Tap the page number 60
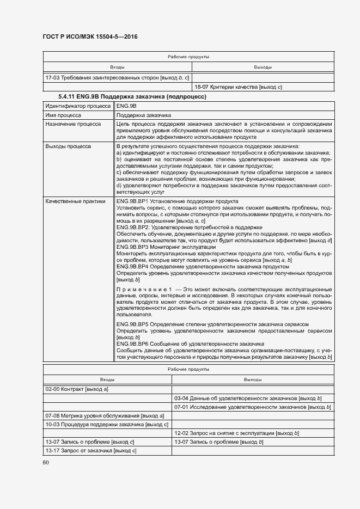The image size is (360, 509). click(46, 462)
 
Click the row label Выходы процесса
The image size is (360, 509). click(68, 146)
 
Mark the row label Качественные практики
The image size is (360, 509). click(75, 201)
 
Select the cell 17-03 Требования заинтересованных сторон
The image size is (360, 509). click(117, 78)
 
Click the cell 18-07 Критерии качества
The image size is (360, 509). click(238, 87)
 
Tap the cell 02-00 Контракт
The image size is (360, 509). click(78, 389)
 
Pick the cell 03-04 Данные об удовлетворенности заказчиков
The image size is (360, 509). click(248, 398)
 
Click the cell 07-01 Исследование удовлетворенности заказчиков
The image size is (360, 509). click(250, 407)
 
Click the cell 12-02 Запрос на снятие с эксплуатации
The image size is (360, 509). click(236, 433)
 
